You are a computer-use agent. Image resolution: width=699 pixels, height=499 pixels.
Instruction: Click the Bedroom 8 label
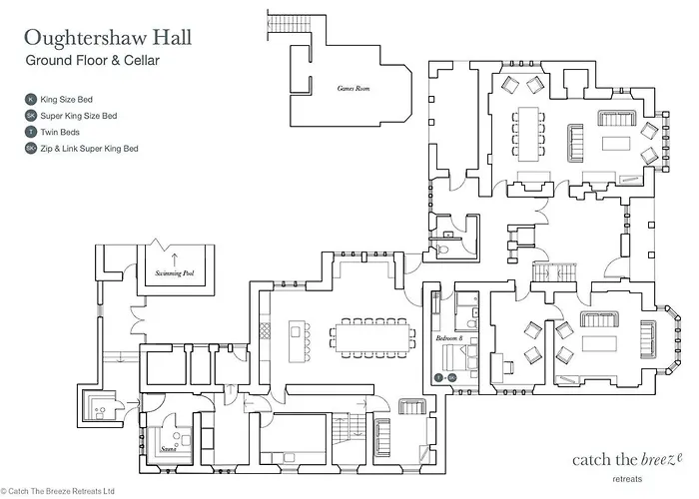point(450,339)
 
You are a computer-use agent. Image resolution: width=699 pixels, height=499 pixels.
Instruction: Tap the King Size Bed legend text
point(69,100)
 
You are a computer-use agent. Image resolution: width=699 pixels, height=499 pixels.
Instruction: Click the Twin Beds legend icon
point(30,132)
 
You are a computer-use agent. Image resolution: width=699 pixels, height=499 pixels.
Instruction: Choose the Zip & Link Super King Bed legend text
point(89,148)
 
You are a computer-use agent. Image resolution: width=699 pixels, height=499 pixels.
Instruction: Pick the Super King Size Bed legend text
point(78,116)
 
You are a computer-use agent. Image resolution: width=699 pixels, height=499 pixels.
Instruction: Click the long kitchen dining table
point(372,336)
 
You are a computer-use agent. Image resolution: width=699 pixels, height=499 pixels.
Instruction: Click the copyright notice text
point(59,491)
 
